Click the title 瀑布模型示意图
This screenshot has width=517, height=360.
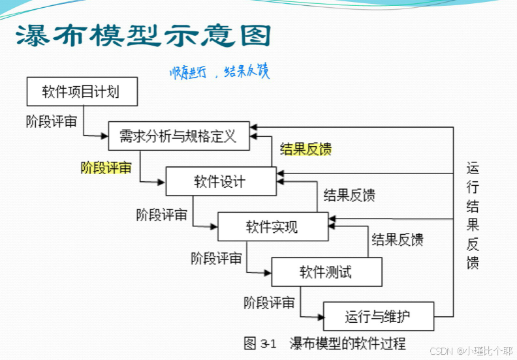[x=143, y=36]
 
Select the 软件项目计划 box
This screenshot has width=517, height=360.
[x=82, y=91]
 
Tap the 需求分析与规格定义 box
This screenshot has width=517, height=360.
[x=178, y=136]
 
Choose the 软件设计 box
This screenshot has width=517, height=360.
[x=221, y=181]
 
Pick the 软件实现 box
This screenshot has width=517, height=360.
[x=272, y=226]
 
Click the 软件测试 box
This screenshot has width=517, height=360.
[x=325, y=271]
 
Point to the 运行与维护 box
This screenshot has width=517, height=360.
[x=378, y=317]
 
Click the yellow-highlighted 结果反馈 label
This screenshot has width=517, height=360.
[x=305, y=149]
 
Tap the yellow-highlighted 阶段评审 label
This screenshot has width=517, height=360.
[x=106, y=167]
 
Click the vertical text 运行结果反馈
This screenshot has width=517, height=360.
[x=473, y=215]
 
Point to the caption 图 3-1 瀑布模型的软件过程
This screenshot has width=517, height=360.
[x=324, y=343]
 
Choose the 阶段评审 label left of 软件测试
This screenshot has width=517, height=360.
[x=216, y=258]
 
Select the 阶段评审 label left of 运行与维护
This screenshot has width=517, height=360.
[x=269, y=303]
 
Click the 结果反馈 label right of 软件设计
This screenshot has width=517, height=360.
[x=349, y=195]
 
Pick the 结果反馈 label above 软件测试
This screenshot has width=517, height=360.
[x=397, y=239]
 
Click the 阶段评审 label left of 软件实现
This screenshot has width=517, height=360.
[x=162, y=214]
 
